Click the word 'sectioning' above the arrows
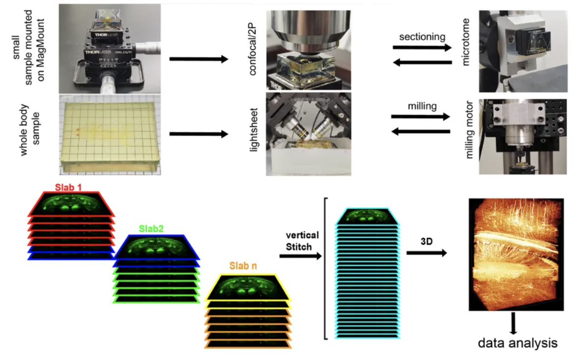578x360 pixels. (421, 37)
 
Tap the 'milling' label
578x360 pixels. (421, 106)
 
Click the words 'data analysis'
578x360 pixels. (518, 342)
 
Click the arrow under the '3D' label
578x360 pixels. (426, 253)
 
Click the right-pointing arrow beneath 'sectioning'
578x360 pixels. (421, 48)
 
